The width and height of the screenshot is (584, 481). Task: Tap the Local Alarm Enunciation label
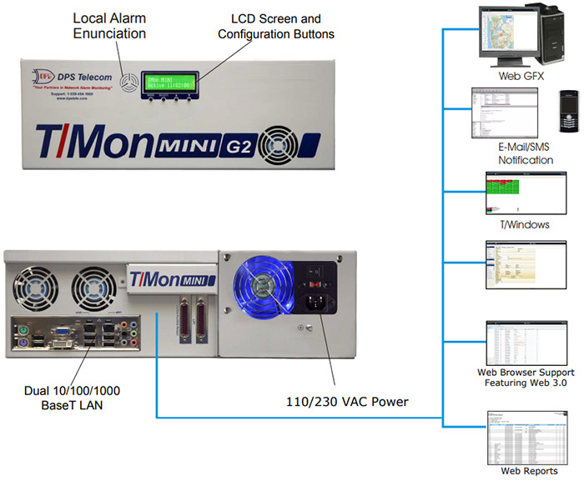[x=109, y=26]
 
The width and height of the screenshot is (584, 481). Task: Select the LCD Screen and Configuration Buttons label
[x=275, y=27]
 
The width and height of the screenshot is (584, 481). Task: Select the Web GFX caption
[x=515, y=76]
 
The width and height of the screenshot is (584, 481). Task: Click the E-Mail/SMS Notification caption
[x=526, y=153]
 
